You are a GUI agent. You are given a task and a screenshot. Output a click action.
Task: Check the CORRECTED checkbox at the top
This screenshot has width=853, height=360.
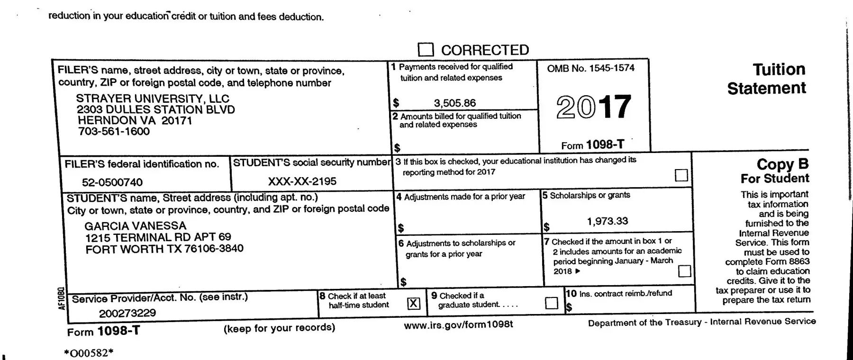(426, 50)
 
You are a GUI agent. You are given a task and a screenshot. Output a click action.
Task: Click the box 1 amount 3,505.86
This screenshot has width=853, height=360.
(454, 103)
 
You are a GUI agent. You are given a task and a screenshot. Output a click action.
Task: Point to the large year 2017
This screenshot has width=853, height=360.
(593, 107)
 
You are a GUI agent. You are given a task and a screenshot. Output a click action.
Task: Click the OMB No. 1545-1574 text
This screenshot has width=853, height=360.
(590, 68)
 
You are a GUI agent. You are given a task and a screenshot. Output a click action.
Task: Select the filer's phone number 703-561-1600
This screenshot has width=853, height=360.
(114, 131)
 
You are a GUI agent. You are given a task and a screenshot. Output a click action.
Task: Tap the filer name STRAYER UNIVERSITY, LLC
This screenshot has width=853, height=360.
(153, 99)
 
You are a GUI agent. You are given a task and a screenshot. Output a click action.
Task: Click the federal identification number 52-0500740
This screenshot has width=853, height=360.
(112, 182)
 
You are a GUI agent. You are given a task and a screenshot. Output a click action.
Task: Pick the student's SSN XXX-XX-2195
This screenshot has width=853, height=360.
(302, 181)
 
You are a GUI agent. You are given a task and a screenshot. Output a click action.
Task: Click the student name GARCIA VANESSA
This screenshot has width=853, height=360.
(136, 226)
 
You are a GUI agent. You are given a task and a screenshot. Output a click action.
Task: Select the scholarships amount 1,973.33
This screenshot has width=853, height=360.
(607, 221)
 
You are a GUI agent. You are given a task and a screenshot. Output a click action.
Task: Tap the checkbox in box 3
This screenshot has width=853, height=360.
(681, 175)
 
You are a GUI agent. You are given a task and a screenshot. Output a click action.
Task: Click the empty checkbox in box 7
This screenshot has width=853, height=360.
(685, 271)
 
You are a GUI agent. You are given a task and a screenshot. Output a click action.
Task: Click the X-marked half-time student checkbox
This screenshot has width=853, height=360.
(414, 303)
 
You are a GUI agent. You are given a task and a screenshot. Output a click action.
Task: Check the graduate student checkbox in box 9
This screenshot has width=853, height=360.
(552, 303)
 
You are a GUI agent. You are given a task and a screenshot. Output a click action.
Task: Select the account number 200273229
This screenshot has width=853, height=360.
(127, 313)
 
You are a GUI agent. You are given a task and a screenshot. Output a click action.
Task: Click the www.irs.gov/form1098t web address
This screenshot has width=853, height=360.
(458, 324)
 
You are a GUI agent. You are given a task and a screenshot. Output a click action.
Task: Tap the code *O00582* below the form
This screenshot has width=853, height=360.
(89, 353)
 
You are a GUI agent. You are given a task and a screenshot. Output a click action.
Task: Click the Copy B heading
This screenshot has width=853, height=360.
(782, 164)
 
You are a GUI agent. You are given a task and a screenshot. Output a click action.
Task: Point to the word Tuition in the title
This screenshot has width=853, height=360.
(779, 70)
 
